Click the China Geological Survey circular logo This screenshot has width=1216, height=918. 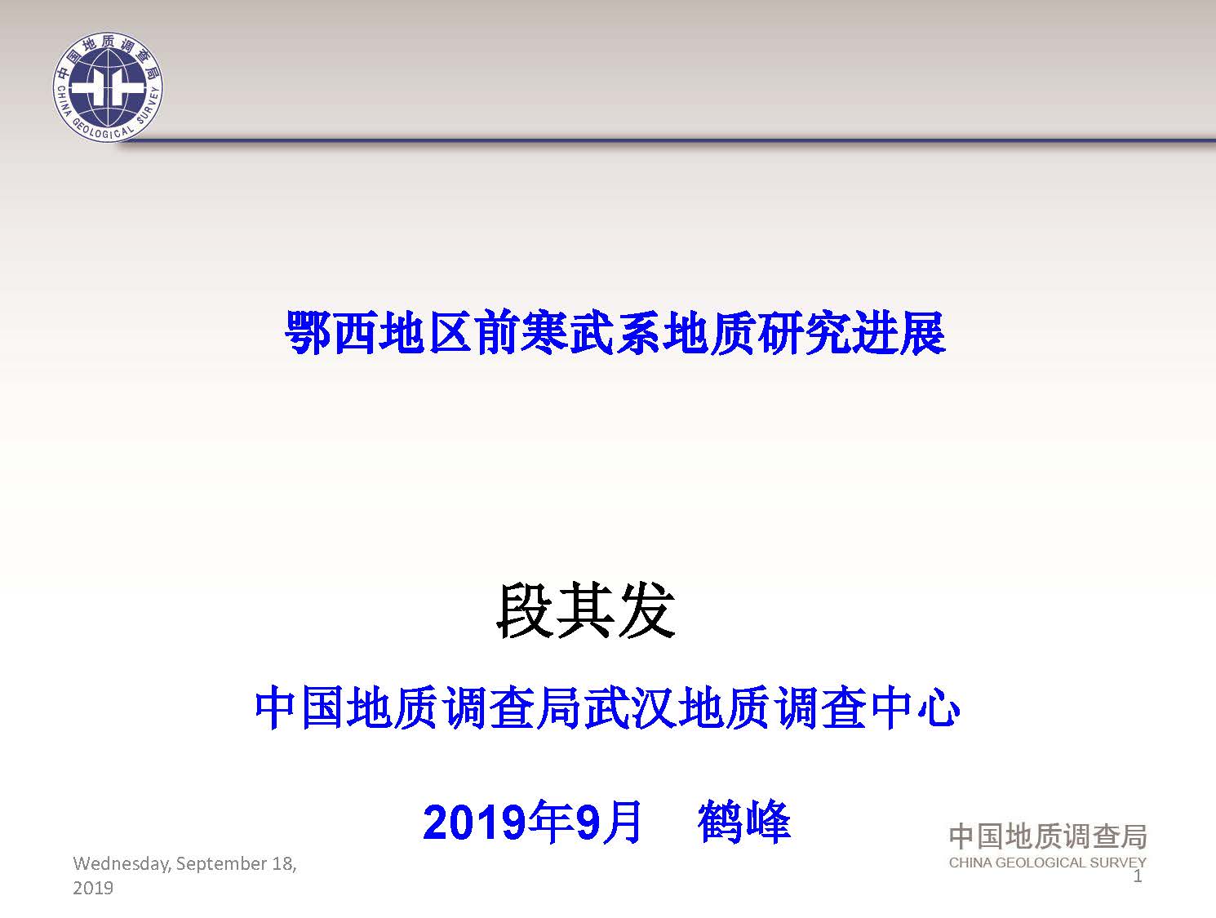pos(108,87)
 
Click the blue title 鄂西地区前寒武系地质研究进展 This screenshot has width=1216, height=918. pos(615,333)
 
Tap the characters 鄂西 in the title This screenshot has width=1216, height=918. pos(331,333)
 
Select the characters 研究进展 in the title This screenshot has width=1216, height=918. pos(852,333)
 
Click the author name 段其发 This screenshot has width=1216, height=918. pos(586,612)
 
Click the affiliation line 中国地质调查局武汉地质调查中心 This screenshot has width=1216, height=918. pos(607,708)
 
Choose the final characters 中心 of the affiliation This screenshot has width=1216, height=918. pos(915,708)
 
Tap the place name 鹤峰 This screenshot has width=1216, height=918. pos(744,823)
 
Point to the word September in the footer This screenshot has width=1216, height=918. pos(222,865)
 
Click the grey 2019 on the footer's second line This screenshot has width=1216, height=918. pos(93,888)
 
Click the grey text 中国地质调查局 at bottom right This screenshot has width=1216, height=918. pos(1047,836)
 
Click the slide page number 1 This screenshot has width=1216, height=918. pos(1138,876)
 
